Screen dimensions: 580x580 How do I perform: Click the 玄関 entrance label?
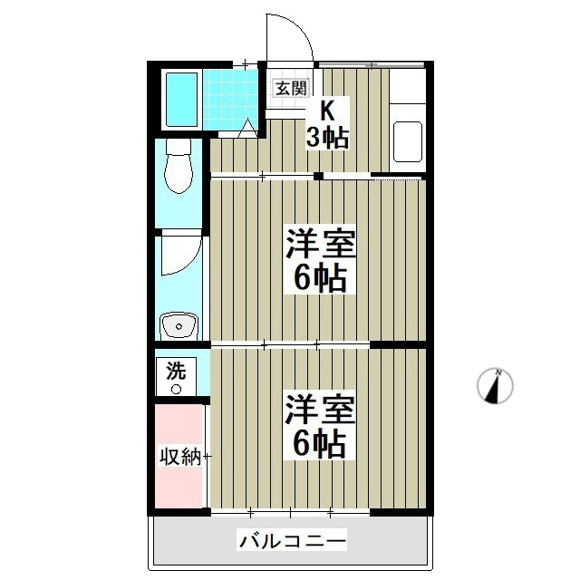point(291,88)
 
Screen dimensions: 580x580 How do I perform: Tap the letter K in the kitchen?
point(327,111)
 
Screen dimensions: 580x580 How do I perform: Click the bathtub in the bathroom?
point(181,100)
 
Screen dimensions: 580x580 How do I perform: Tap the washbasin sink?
point(179,324)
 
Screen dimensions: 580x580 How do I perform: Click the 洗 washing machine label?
point(176,370)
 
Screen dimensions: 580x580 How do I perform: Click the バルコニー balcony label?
point(292,542)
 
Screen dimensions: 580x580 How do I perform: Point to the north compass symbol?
point(495,386)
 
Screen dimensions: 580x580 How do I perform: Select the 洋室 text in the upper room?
point(320,245)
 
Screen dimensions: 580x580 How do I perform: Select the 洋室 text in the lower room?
point(320,409)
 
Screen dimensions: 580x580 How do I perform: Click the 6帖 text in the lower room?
point(320,443)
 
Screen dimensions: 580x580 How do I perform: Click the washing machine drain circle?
point(176,389)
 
